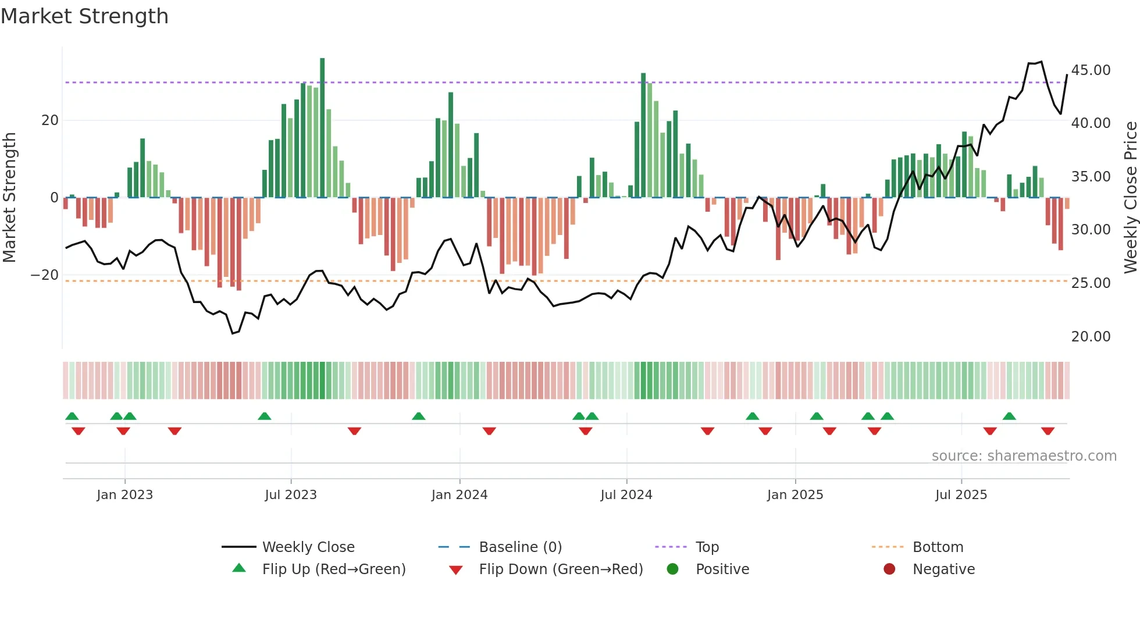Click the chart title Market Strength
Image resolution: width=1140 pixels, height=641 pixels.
pos(84,16)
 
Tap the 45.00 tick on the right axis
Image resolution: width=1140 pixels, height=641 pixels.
pos(1091,70)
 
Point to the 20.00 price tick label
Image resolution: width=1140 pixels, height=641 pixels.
pos(1091,337)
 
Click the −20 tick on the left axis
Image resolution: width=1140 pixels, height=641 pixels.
pos(45,275)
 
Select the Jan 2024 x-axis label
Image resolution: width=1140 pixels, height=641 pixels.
pos(459,495)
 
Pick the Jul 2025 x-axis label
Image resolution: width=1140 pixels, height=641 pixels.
pos(961,495)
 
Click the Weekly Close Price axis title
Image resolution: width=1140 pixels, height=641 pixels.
pos(1130,198)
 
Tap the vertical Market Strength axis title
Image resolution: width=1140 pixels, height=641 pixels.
pos(9,198)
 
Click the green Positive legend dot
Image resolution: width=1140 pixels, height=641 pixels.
pos(673,569)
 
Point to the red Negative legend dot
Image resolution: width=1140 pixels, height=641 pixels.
pos(889,569)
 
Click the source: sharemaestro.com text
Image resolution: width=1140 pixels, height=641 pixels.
pos(1024,456)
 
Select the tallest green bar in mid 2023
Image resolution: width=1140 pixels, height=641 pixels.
pos(322,128)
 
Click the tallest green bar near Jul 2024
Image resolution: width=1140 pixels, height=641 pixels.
pos(643,135)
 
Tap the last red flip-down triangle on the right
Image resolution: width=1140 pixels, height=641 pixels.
pos(1048,431)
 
